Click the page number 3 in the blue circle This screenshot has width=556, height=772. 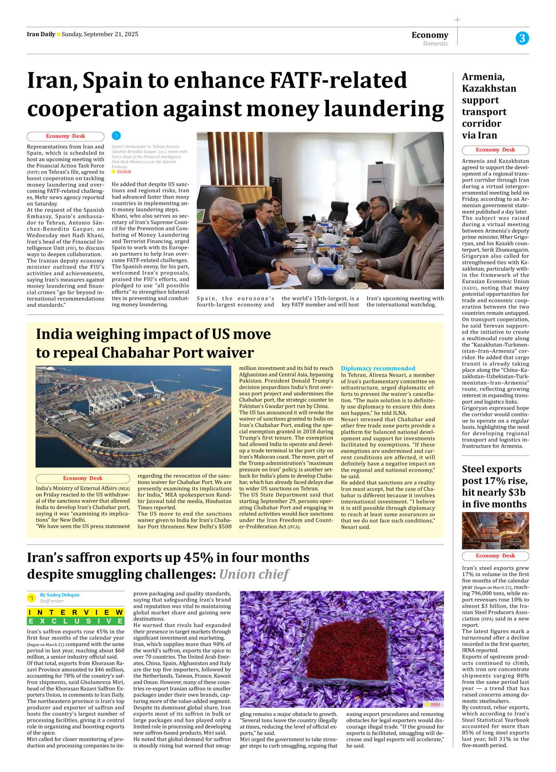(522, 38)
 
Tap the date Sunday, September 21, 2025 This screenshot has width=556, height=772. (100, 34)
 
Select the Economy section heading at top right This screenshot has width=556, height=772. (430, 35)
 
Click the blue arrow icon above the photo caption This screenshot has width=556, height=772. (116, 136)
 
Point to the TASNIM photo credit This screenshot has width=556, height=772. (124, 172)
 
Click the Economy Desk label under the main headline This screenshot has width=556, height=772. (65, 136)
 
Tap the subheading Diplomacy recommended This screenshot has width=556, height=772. (378, 368)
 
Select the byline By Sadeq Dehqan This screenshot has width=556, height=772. (60, 595)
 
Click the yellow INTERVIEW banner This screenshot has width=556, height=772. (76, 613)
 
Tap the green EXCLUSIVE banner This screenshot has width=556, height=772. (76, 621)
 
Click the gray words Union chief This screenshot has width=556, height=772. (254, 574)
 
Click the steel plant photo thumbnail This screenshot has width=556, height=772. (495, 530)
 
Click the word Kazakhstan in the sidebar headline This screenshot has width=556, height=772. (489, 89)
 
